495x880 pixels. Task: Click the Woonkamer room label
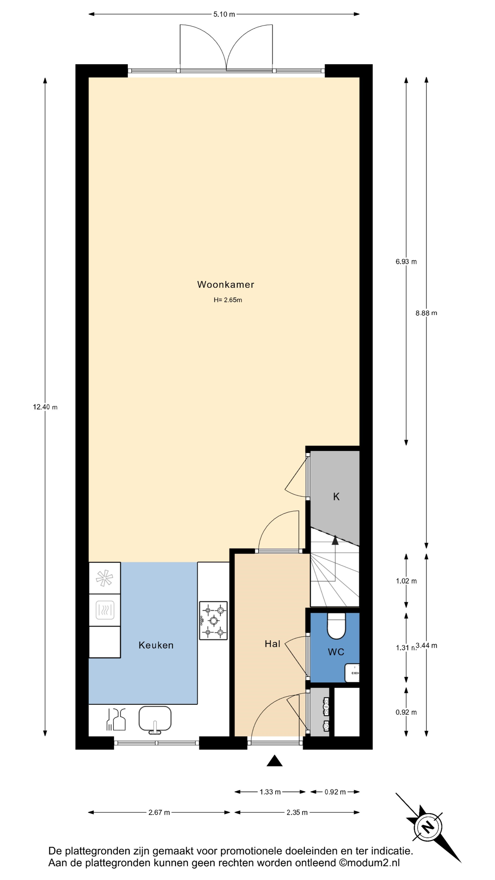pyautogui.click(x=225, y=285)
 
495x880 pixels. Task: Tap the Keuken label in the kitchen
pyautogui.click(x=156, y=645)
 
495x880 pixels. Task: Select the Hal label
pyautogui.click(x=272, y=644)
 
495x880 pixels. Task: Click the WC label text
pyautogui.click(x=336, y=652)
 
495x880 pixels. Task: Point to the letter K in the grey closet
pyautogui.click(x=336, y=497)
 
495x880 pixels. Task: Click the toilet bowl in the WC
pyautogui.click(x=336, y=626)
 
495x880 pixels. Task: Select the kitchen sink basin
pyautogui.click(x=155, y=719)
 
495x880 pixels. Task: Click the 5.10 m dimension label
pyautogui.click(x=224, y=14)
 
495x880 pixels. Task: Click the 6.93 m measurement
pyautogui.click(x=406, y=262)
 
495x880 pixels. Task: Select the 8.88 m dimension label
pyautogui.click(x=426, y=313)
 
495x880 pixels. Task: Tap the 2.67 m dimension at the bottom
pyautogui.click(x=159, y=813)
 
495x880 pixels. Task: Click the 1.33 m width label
pyautogui.click(x=270, y=792)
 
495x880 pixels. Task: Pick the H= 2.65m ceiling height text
pyautogui.click(x=228, y=300)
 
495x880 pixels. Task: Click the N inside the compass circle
pyautogui.click(x=427, y=827)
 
